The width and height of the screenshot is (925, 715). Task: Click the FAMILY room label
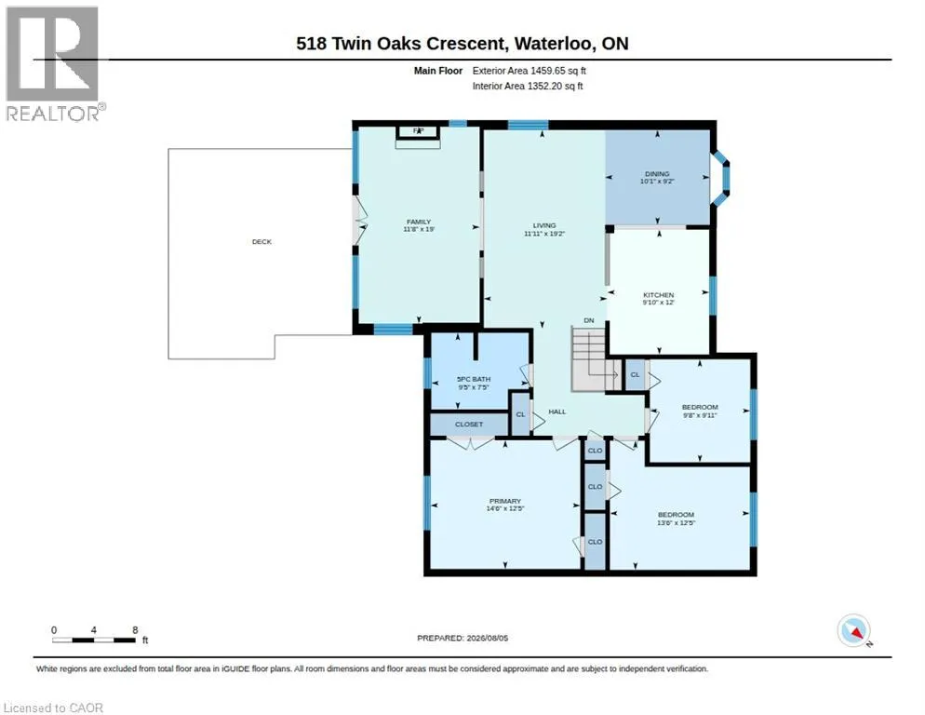pyautogui.click(x=418, y=222)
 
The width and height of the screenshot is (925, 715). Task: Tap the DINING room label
pyautogui.click(x=657, y=173)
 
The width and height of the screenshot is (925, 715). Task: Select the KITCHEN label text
pyautogui.click(x=658, y=294)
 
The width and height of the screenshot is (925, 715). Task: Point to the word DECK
pyautogui.click(x=261, y=241)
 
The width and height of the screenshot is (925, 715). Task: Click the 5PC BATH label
pyautogui.click(x=474, y=379)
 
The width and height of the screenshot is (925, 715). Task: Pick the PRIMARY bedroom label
pyautogui.click(x=505, y=501)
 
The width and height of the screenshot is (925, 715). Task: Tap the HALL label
pyautogui.click(x=556, y=411)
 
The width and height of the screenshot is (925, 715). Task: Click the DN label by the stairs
pyautogui.click(x=589, y=320)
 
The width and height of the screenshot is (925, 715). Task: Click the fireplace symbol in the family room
pyautogui.click(x=418, y=133)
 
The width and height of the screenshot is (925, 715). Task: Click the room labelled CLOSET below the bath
pyautogui.click(x=469, y=425)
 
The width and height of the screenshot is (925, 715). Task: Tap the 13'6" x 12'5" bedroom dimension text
pyautogui.click(x=676, y=522)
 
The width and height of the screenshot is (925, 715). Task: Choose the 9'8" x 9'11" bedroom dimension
pyautogui.click(x=700, y=415)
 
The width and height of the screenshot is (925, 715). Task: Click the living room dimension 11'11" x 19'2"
pyautogui.click(x=543, y=234)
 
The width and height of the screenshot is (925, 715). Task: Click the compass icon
pyautogui.click(x=853, y=630)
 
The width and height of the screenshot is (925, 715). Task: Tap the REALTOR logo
pyautogui.click(x=53, y=63)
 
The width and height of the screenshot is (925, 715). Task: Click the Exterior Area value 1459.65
pyautogui.click(x=547, y=71)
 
